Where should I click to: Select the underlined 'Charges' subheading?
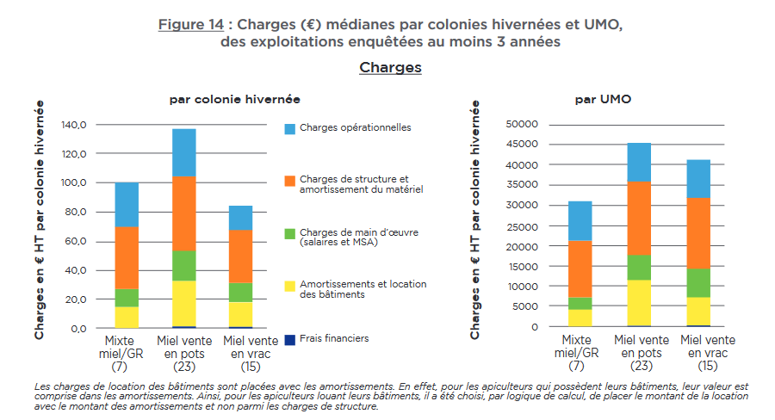pos(390,67)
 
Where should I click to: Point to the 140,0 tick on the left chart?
pos(75,125)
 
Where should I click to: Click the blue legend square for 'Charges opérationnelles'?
pos(290,128)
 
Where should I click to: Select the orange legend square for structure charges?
pos(290,180)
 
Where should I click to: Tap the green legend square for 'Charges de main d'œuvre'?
pos(290,232)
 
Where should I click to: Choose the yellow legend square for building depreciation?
pos(290,285)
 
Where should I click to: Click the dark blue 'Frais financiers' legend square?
pos(290,338)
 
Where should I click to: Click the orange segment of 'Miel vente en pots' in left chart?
pos(183,213)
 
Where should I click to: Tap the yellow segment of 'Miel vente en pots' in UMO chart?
pos(638,303)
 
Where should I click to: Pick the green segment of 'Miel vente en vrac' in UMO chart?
pos(697,283)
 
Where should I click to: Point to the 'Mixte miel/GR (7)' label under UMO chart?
pos(581,353)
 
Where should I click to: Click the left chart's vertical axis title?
pos(40,219)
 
